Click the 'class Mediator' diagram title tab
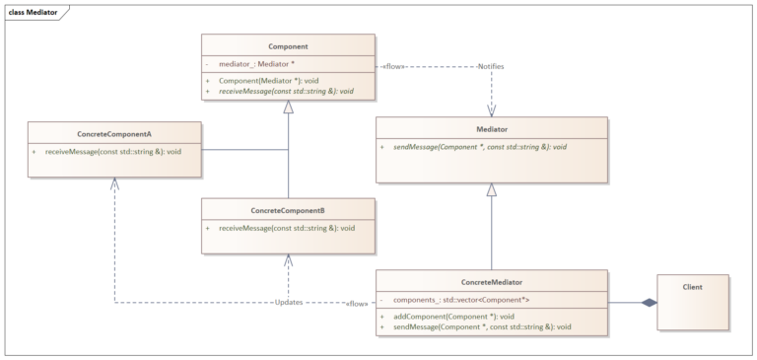(33, 12)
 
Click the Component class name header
(288, 45)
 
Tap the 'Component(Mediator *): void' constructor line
(269, 81)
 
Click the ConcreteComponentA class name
(114, 135)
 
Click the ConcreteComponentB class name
(288, 210)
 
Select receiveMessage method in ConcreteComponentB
(286, 228)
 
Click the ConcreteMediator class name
(491, 281)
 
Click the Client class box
(692, 302)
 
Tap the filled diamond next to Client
(648, 302)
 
